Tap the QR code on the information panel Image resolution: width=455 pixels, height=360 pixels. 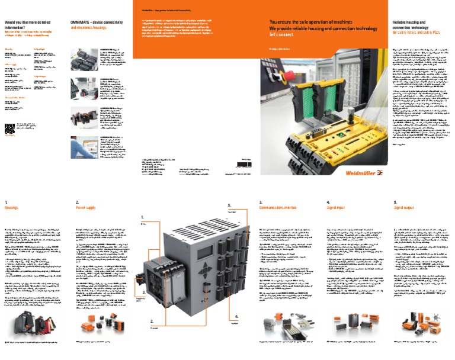(9, 128)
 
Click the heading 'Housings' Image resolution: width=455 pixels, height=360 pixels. (12, 208)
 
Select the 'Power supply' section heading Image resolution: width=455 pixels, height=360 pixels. (85, 208)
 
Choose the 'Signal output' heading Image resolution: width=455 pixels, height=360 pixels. (404, 208)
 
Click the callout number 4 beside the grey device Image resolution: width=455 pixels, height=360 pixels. (236, 317)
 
